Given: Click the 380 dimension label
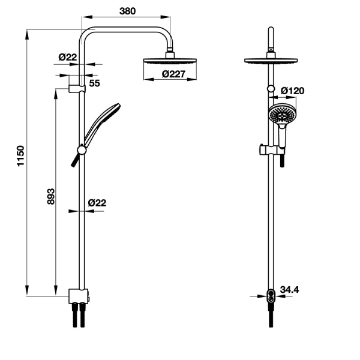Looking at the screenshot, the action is (127, 11).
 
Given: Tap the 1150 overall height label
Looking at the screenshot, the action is (21, 156).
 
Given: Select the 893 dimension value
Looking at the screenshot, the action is (51, 196).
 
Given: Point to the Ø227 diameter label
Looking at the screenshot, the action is (173, 74).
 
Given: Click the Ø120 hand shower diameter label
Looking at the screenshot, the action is (293, 91).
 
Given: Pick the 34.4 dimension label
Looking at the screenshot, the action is (290, 290).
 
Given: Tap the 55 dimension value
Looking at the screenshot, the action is (95, 83).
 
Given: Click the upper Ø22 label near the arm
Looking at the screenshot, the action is (67, 57).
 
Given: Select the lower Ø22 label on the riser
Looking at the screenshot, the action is (97, 203).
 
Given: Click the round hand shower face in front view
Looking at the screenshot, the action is (281, 114).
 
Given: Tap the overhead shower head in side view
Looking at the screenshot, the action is (170, 61).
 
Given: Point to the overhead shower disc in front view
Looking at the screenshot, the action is (271, 61).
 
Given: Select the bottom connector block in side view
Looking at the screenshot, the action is (78, 296).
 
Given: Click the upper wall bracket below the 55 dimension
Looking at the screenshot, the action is (77, 89).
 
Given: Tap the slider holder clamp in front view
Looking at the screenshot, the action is (272, 150).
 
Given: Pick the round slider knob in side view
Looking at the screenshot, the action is (82, 150).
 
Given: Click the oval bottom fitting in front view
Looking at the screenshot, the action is (271, 296).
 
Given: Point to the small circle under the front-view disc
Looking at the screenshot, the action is (271, 89).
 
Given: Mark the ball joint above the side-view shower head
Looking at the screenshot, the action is (170, 49).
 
